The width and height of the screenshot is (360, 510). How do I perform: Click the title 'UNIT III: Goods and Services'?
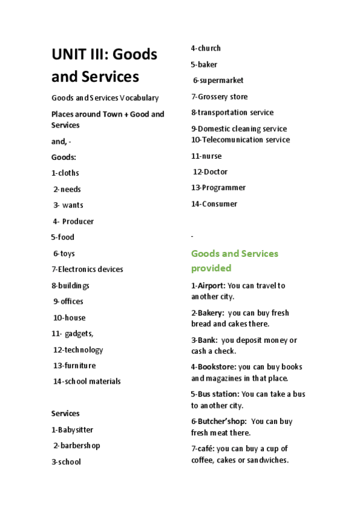pyautogui.click(x=104, y=66)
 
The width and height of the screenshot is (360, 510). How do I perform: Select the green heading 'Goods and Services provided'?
pyautogui.click(x=234, y=260)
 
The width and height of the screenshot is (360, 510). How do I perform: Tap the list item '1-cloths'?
pyautogui.click(x=65, y=173)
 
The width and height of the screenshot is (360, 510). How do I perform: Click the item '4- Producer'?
pyautogui.click(x=73, y=221)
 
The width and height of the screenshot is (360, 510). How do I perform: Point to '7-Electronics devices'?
pyautogui.click(x=87, y=269)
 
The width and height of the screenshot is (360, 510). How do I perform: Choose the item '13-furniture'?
pyautogui.click(x=74, y=366)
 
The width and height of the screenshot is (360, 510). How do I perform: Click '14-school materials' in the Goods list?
pyautogui.click(x=87, y=381)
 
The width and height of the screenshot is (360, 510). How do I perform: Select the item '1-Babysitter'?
pyautogui.click(x=72, y=430)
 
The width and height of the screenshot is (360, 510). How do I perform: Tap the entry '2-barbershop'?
pyautogui.click(x=76, y=446)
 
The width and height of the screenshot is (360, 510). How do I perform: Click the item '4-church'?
pyautogui.click(x=206, y=48)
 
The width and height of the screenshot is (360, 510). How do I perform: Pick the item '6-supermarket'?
pyautogui.click(x=218, y=81)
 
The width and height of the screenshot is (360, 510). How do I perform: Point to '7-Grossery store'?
pyautogui.click(x=219, y=97)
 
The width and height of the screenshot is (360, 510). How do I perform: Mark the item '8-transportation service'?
pyautogui.click(x=232, y=112)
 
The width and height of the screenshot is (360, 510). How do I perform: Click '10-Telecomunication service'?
pyautogui.click(x=240, y=140)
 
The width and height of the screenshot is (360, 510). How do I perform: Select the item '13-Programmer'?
pyautogui.click(x=218, y=188)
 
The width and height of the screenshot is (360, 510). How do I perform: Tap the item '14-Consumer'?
pyautogui.click(x=214, y=204)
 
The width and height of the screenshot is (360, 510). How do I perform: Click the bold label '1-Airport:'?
pyautogui.click(x=208, y=286)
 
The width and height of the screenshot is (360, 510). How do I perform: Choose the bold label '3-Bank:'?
pyautogui.click(x=204, y=340)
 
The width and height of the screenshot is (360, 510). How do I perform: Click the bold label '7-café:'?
pyautogui.click(x=203, y=449)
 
